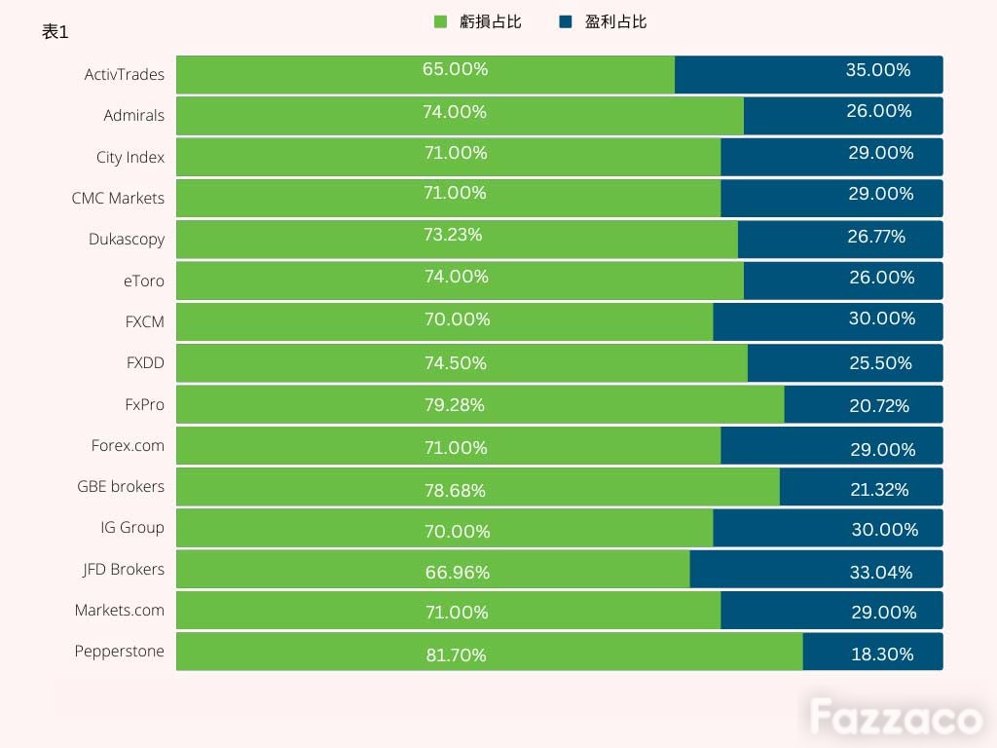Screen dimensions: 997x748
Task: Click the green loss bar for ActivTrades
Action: click(x=425, y=74)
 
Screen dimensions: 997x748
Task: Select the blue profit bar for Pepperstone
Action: click(x=873, y=652)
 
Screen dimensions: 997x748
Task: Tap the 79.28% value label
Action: click(x=455, y=404)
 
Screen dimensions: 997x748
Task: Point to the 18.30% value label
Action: click(x=882, y=654)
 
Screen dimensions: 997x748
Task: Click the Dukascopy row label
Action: click(x=127, y=240)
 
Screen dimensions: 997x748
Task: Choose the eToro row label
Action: click(x=144, y=280)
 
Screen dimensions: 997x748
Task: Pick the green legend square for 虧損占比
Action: click(x=440, y=21)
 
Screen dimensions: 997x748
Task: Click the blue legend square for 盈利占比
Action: click(x=566, y=21)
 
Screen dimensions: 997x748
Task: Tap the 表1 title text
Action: click(x=55, y=31)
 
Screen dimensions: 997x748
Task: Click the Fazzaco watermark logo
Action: click(x=897, y=718)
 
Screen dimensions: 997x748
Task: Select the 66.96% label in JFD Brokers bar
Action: click(x=458, y=572)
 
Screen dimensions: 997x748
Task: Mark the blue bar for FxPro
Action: click(x=864, y=404)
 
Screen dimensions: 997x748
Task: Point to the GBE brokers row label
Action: click(x=121, y=487)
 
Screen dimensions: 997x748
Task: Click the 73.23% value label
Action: click(x=453, y=235)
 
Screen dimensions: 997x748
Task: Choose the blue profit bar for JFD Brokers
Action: click(x=817, y=569)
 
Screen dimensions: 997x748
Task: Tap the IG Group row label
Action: click(x=132, y=528)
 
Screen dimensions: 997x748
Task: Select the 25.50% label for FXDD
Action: click(x=880, y=362)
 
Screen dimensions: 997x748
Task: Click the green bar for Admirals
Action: click(x=460, y=116)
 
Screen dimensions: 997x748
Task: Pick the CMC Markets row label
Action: click(x=118, y=199)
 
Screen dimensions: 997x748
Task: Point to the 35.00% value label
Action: click(x=878, y=69)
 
